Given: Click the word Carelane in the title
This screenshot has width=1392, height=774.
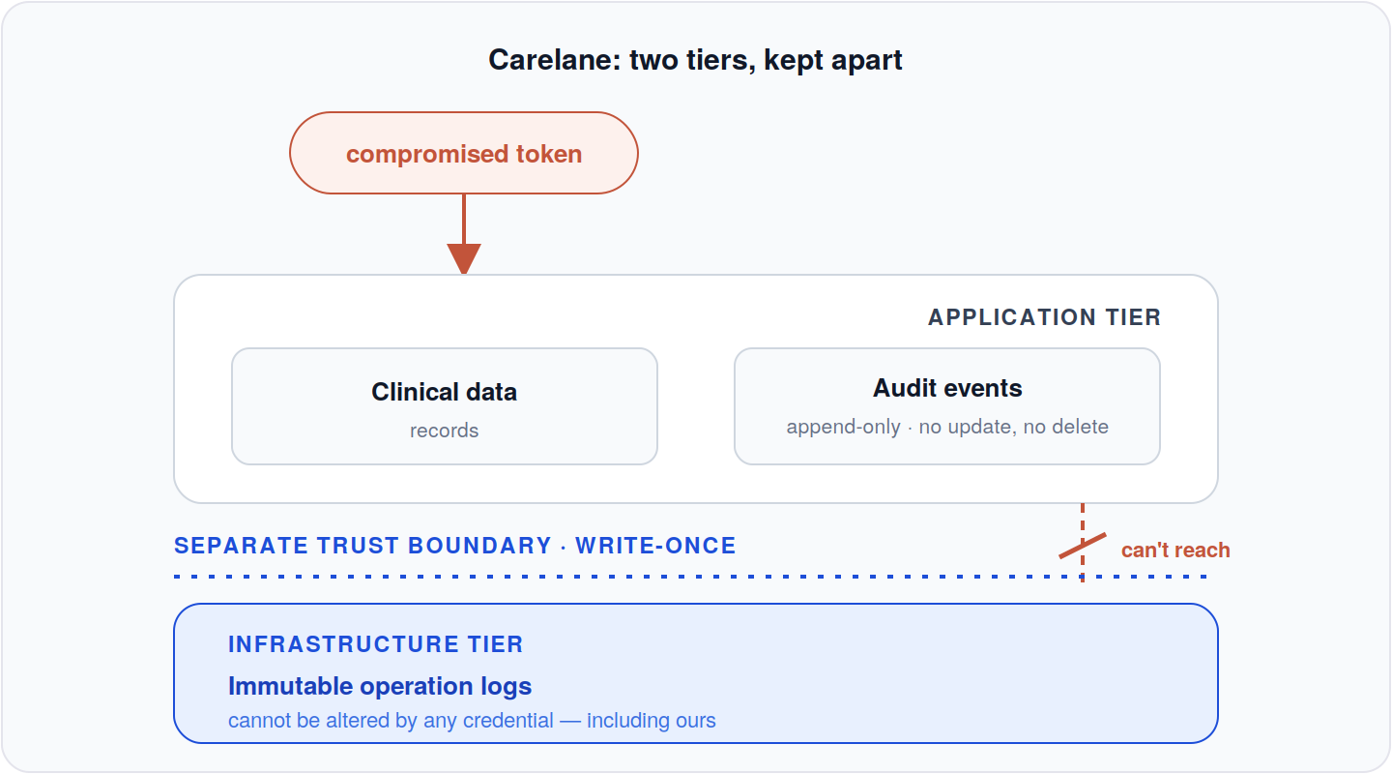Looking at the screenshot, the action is tap(555, 60).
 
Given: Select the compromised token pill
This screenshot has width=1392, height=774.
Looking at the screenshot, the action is tap(464, 153).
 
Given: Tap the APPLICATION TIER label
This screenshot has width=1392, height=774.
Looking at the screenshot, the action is tap(1044, 317).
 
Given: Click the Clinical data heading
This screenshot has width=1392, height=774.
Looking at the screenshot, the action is tap(445, 392).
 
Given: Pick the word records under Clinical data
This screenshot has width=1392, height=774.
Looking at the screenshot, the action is tap(445, 431).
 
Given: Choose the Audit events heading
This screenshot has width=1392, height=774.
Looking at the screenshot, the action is tap(947, 388).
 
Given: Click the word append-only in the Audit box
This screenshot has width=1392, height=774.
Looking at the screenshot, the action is tap(843, 427).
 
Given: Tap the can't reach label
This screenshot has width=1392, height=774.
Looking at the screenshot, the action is tap(1175, 550).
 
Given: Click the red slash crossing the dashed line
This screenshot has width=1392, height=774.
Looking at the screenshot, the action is tap(1083, 546).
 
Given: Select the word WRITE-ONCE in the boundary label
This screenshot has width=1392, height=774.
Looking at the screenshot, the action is tap(655, 546).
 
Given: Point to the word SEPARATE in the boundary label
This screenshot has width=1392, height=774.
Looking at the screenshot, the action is tap(241, 546).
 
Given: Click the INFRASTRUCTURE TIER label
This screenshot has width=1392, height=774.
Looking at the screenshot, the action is tap(376, 644).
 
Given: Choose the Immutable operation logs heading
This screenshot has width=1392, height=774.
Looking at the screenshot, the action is tap(380, 686).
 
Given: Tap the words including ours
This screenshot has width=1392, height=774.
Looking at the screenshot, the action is tap(652, 721).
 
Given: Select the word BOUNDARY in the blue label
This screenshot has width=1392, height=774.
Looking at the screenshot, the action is tap(479, 546).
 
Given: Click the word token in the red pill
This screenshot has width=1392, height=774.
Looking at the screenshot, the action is tap(549, 154).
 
